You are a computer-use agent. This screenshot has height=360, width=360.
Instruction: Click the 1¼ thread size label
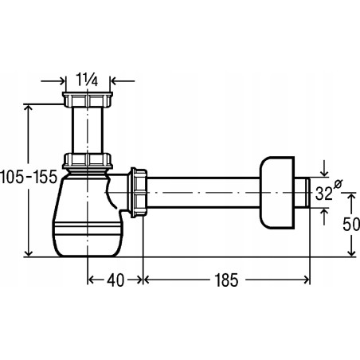click(x=87, y=80)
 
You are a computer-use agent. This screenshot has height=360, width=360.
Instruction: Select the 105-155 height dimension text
click(x=29, y=177)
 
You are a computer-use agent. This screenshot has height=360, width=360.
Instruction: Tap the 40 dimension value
click(x=115, y=280)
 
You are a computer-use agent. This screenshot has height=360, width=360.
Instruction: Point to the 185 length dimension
click(x=226, y=280)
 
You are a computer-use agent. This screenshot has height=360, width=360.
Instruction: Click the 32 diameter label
click(x=324, y=194)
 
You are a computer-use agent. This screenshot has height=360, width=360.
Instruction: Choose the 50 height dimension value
click(x=351, y=225)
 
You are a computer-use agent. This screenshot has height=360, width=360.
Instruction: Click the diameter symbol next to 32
click(x=338, y=184)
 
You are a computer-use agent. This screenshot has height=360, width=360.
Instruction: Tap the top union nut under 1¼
click(x=88, y=100)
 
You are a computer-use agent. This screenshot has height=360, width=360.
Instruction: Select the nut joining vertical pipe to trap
click(x=88, y=161)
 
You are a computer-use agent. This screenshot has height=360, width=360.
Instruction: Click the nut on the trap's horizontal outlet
click(x=137, y=193)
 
